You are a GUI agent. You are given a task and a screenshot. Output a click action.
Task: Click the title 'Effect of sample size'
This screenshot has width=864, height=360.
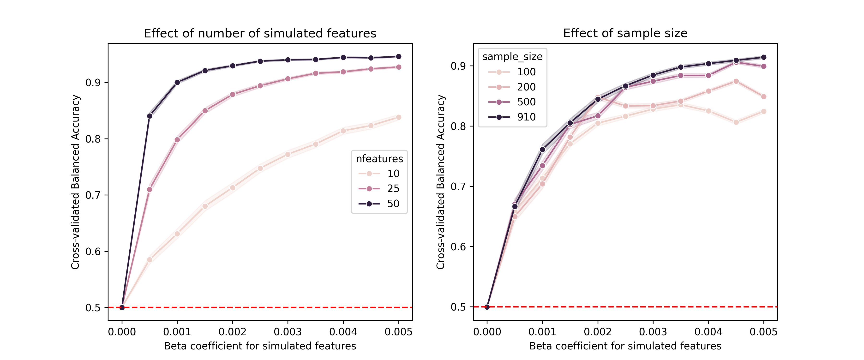pos(625,33)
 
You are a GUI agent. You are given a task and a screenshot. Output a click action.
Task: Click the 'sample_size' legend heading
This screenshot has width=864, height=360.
pos(512,57)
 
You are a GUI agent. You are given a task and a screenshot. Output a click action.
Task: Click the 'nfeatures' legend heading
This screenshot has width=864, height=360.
pos(379,159)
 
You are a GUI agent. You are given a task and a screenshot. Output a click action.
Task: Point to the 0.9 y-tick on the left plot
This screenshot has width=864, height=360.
pos(93,83)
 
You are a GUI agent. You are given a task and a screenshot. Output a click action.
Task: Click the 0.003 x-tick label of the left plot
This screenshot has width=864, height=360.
pos(288,332)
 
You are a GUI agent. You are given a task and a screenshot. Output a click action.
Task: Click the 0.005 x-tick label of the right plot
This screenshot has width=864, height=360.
pos(763,332)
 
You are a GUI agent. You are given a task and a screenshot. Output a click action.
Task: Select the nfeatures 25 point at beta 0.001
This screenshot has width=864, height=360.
pos(177,140)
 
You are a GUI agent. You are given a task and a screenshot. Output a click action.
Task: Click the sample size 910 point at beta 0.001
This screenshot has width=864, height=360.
pos(542,150)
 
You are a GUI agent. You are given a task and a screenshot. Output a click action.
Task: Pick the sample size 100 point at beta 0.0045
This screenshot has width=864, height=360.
pos(736,122)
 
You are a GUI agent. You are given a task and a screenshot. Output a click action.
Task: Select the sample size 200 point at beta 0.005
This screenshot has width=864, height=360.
pos(764,97)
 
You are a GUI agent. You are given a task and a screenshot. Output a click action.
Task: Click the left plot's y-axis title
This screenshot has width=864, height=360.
pos(75,182)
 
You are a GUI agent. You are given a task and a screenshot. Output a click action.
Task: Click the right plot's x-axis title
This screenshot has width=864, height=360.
pos(625,346)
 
